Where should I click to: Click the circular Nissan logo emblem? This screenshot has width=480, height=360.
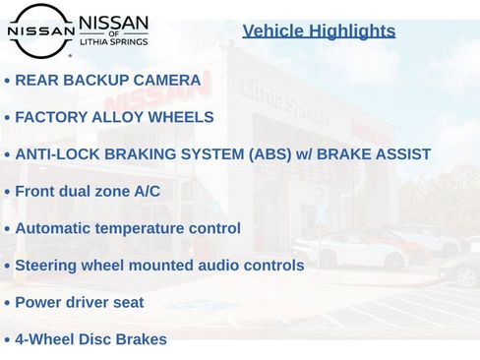[x=40, y=30]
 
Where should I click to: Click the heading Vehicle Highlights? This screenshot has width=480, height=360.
[x=319, y=31]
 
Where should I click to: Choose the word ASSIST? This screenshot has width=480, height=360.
[x=401, y=154]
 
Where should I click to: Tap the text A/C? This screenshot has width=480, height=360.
[x=147, y=192]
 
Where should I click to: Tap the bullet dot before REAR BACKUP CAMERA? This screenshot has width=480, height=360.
[x=7, y=82]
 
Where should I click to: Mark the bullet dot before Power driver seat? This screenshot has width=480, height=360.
[x=7, y=303]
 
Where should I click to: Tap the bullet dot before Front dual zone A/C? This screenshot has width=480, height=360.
[x=7, y=193]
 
